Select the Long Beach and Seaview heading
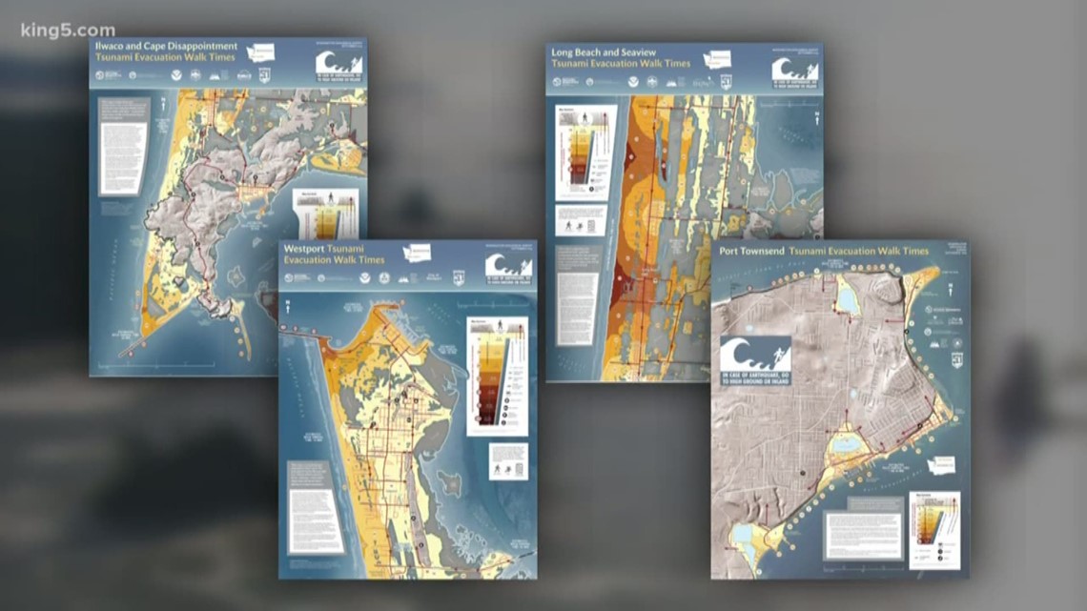(603, 51)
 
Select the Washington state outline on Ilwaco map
(260, 51)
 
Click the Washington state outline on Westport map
(417, 253)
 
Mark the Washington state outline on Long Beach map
(716, 58)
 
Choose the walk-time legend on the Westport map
(497, 377)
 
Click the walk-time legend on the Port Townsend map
(934, 529)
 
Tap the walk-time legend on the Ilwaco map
(327, 214)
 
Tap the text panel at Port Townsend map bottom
(863, 537)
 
